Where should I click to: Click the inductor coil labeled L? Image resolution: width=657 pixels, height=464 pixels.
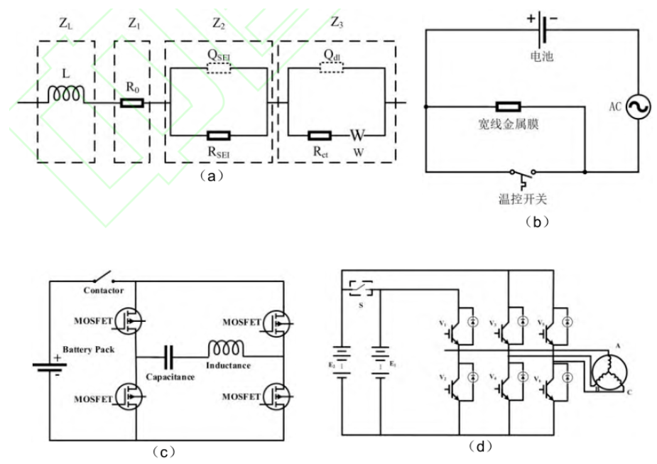[66, 94]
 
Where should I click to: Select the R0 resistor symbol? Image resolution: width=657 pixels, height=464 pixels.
[131, 103]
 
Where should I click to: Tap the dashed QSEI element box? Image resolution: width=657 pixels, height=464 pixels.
[218, 68]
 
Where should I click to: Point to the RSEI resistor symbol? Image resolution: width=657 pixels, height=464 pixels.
[218, 135]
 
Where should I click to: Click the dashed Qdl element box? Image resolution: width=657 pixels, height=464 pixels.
[331, 68]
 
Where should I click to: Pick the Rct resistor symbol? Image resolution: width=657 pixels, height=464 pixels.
[320, 135]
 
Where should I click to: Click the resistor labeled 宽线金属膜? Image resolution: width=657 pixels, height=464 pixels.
[508, 107]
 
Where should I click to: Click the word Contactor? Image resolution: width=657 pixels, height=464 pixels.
[104, 290]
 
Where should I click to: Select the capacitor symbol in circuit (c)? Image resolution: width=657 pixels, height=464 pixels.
[169, 355]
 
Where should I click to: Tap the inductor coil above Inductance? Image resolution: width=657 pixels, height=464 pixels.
[225, 348]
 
